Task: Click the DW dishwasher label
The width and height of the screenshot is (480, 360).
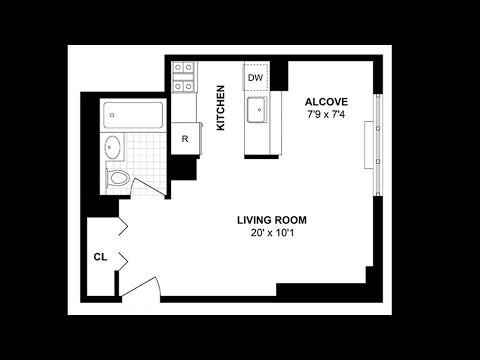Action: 256,78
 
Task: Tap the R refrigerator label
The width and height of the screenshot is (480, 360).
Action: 185,139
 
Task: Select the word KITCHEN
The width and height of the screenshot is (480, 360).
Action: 221,108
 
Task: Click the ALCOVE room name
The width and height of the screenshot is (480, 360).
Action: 326,102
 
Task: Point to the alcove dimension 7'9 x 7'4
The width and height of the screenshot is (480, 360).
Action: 326,115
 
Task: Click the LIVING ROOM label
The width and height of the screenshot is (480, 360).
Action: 272,220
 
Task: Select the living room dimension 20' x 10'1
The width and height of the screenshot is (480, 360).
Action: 272,233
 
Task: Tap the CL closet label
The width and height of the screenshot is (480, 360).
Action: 100,257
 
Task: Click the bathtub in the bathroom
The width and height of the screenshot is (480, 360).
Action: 133,115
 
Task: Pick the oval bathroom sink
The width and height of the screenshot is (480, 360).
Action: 112,147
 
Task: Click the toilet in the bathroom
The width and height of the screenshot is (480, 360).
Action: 117,178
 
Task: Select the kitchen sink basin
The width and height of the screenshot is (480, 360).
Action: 256,109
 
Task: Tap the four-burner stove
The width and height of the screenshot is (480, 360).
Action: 183,77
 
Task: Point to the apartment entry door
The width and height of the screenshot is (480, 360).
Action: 141,287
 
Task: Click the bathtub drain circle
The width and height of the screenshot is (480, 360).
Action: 112,115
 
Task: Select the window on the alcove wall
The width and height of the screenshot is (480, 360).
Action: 378,145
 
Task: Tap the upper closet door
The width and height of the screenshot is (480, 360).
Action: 123,226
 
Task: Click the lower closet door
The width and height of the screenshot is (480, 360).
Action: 123,261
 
